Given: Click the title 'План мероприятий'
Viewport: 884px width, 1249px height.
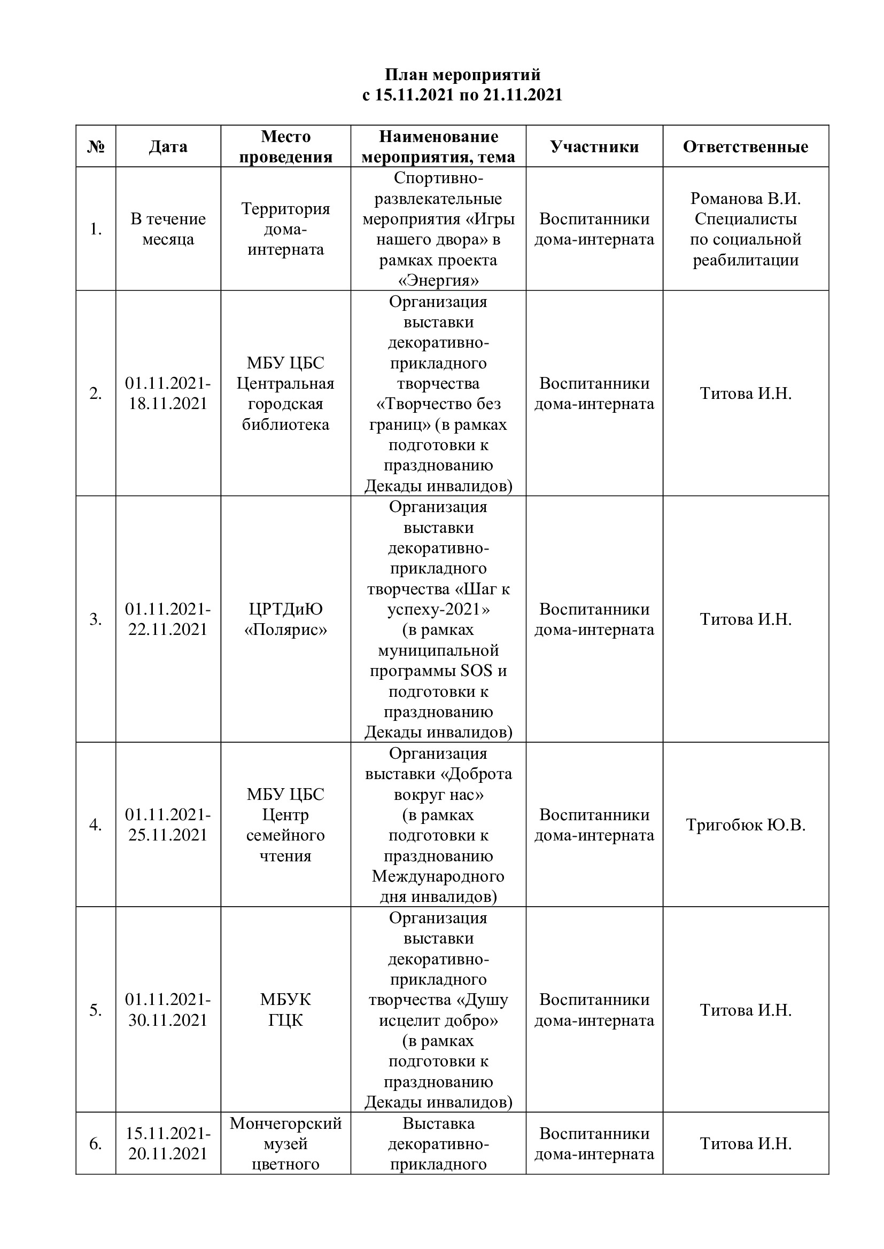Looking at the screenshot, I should coord(463,75).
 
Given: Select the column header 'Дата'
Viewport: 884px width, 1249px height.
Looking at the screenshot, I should coord(168,147).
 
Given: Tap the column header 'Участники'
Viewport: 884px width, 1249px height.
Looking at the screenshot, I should coord(594,147).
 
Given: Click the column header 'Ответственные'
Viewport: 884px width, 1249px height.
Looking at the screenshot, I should coord(745,147).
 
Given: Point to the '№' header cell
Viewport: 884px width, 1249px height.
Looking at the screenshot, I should coord(96,147).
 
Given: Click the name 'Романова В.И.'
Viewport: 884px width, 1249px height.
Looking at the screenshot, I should coord(745,199).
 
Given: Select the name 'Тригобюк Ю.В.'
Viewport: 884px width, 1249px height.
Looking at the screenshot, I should coord(745,824).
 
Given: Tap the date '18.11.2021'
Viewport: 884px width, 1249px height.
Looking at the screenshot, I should coord(168,404).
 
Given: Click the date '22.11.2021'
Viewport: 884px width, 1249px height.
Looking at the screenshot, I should coord(168,630).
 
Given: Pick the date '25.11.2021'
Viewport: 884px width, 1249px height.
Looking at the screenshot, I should coord(168,835).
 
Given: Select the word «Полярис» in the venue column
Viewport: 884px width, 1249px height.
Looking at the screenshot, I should coord(286,630).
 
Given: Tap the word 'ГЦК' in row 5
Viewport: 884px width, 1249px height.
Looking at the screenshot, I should coord(286,1020).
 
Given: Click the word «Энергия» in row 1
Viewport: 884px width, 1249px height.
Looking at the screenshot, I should coord(438,281).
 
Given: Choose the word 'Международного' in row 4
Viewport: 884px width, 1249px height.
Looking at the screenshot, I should coord(438,876).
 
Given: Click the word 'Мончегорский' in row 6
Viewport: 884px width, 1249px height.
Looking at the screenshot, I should coord(286,1124).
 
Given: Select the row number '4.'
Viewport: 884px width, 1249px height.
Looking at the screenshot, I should coord(96,825).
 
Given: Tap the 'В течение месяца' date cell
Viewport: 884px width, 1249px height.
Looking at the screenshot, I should coord(168,229).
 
